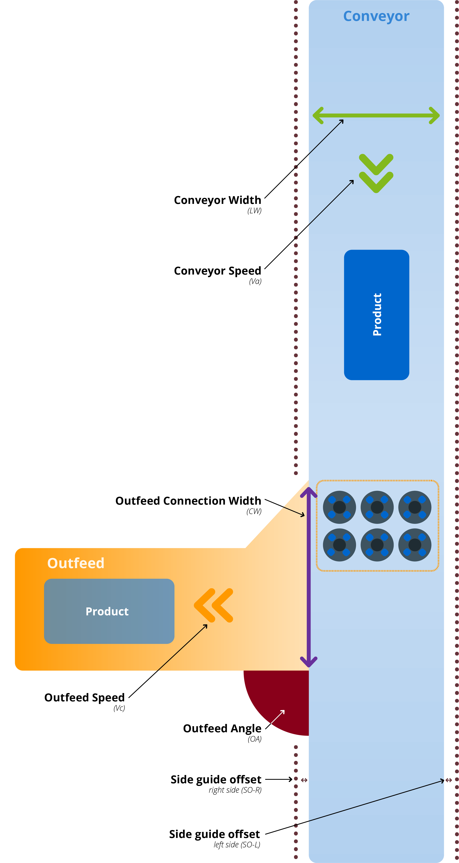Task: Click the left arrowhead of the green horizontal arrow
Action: tap(318, 116)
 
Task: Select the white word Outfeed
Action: tap(76, 563)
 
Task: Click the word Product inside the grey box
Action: tap(107, 611)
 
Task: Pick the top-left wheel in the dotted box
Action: tap(339, 507)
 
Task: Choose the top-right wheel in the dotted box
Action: tap(415, 507)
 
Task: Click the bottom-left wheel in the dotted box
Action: tap(339, 545)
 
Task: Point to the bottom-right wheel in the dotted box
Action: tap(415, 545)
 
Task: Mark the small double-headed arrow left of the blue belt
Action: tap(304, 780)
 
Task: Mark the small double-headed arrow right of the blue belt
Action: tap(449, 780)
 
